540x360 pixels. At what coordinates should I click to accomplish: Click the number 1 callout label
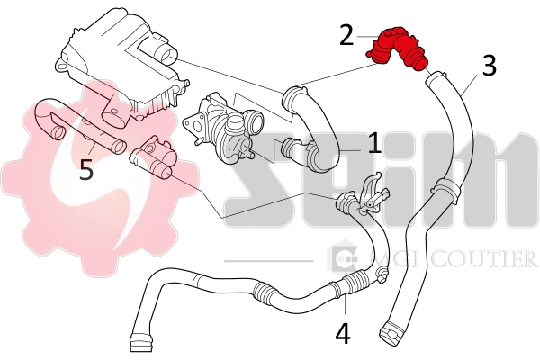[373, 143]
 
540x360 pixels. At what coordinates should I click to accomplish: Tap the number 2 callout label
[346, 35]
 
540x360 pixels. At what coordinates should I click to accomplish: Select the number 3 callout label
[488, 66]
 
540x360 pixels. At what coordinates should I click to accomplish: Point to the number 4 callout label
[343, 333]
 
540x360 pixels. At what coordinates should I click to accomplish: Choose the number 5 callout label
[85, 169]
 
